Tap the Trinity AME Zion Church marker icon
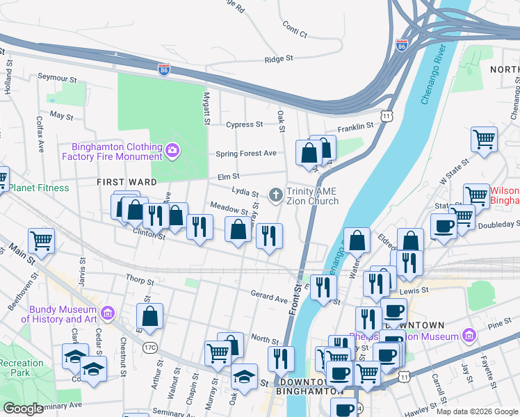point(276,194)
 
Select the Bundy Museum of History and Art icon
point(107,313)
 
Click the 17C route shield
point(149,346)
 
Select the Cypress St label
point(245,125)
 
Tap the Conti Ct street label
point(295,26)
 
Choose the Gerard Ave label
point(269,299)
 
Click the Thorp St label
point(140,281)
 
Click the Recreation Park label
point(22,368)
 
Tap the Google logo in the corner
point(23,409)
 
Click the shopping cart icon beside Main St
point(42,240)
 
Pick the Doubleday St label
point(498,224)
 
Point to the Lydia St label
point(245,191)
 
